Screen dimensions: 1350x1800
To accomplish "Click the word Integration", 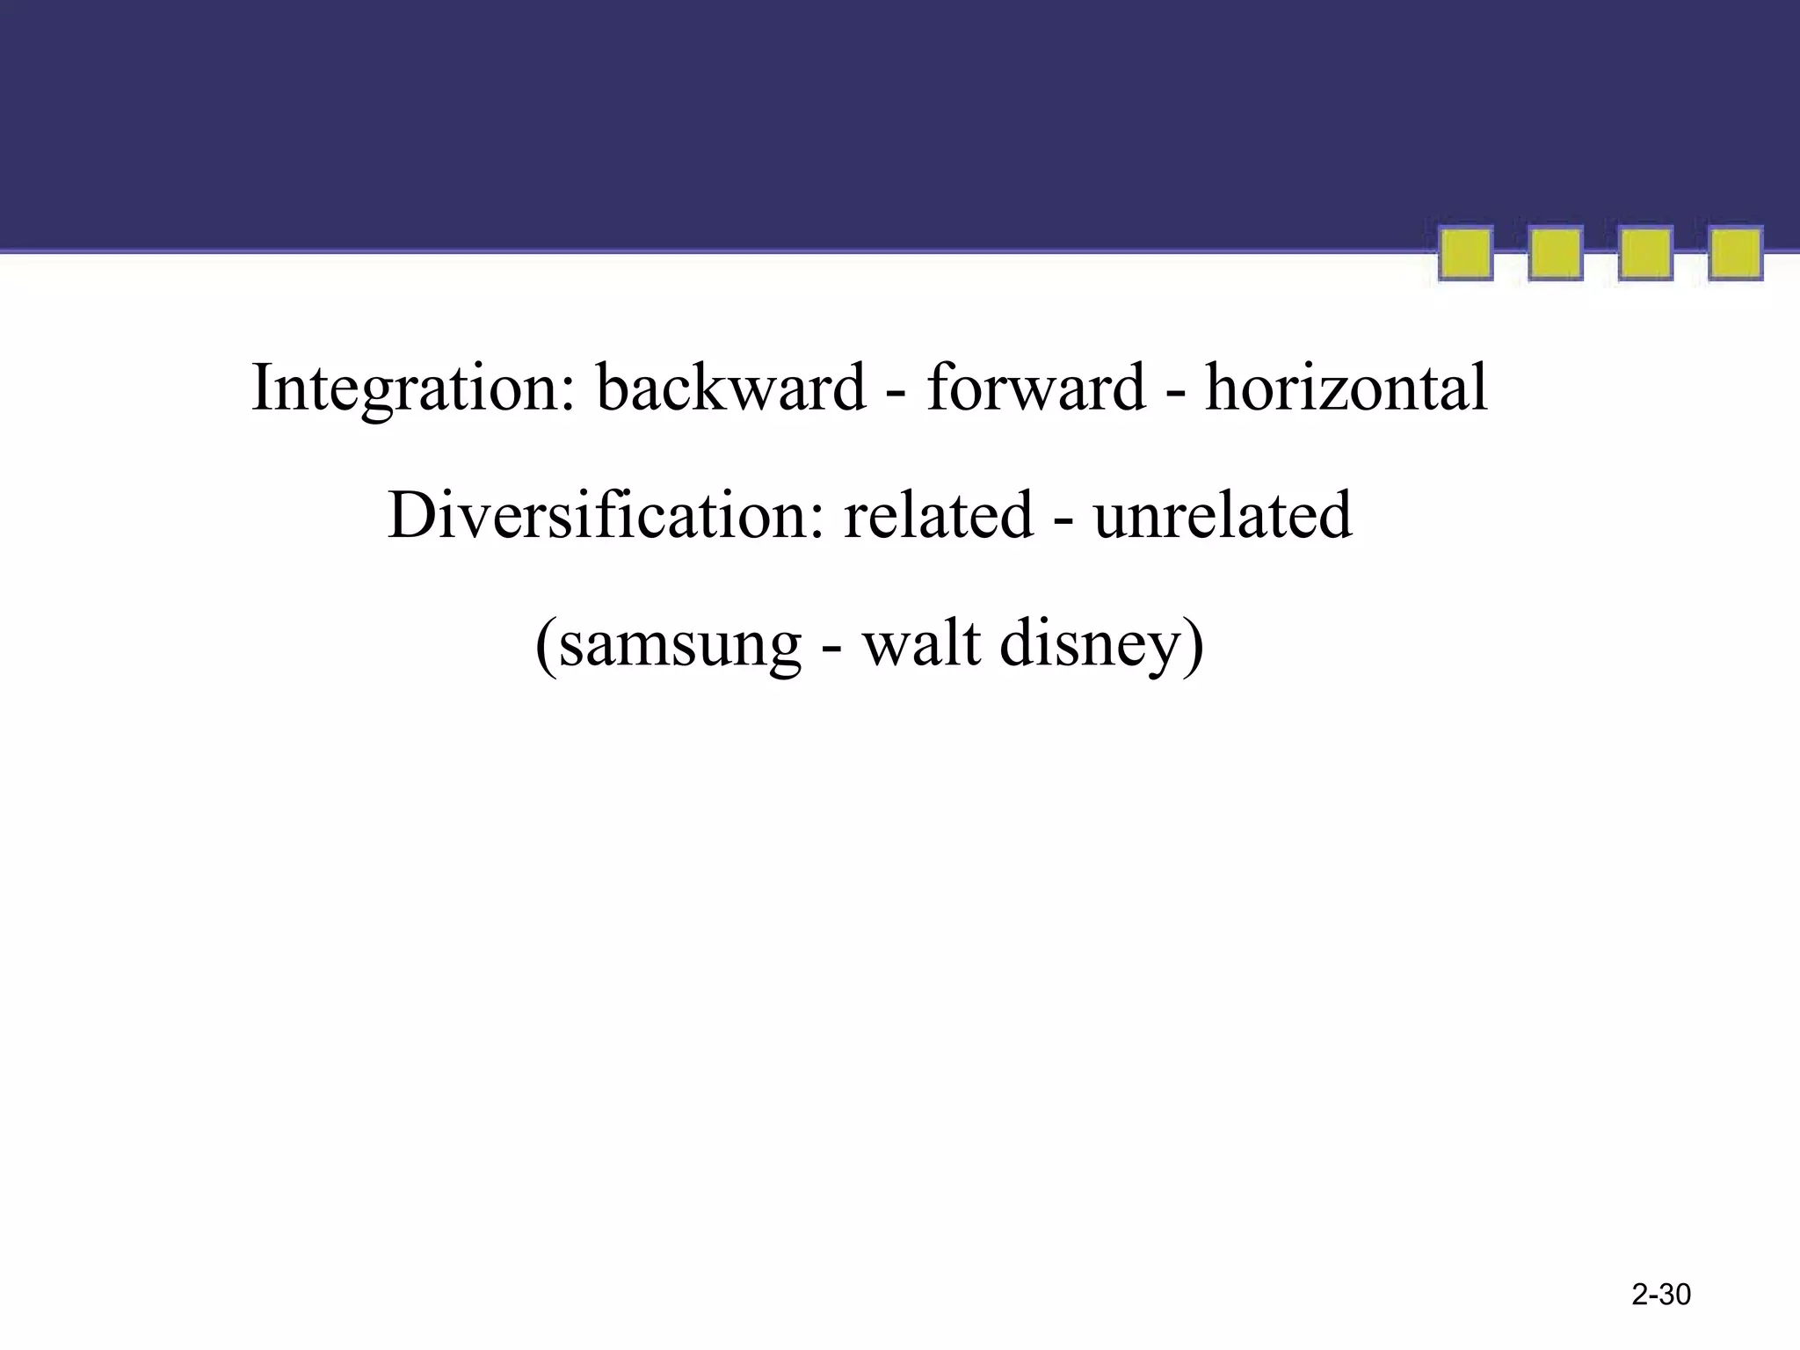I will tap(413, 388).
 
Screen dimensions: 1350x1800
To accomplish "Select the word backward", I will tap(731, 388).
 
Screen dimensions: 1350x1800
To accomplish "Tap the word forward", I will tap(1036, 388).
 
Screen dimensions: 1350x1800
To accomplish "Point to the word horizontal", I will tap(1346, 388).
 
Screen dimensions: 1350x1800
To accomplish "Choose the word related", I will tap(939, 516).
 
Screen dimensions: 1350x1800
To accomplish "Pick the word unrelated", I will tap(1223, 516).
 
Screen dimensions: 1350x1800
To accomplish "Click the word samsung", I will tap(679, 646).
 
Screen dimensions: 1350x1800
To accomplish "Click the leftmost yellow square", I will tap(1465, 254).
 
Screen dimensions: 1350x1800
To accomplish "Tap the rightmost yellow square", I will tap(1735, 254).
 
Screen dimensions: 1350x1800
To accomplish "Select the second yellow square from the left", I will tap(1556, 254).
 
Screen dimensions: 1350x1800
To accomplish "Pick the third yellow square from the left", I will tap(1645, 254).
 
